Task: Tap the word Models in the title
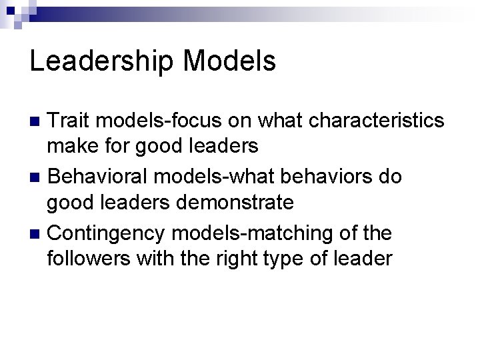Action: (x=229, y=61)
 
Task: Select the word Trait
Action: (x=73, y=121)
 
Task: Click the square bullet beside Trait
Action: (x=37, y=121)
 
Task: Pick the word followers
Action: (x=89, y=257)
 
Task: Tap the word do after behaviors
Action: (x=392, y=177)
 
